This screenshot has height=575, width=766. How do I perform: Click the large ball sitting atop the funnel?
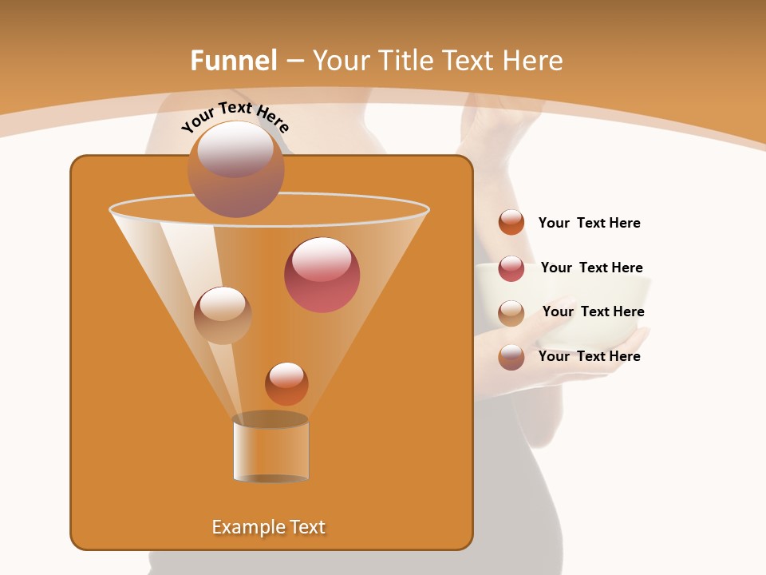click(x=236, y=169)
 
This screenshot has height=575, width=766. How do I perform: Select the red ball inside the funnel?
click(x=322, y=275)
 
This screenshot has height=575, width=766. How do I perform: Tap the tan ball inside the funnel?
click(x=223, y=315)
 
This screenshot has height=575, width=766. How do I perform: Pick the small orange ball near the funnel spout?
click(x=286, y=384)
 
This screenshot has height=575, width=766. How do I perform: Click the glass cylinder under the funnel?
click(x=270, y=449)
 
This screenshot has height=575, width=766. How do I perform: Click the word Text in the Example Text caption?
click(x=303, y=527)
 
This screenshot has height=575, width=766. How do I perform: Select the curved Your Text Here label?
click(x=235, y=117)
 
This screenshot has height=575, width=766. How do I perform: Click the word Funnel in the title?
click(x=233, y=61)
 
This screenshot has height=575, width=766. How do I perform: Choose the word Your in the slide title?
click(x=341, y=61)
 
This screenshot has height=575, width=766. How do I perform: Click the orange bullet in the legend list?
click(x=511, y=223)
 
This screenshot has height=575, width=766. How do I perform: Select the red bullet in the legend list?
click(x=511, y=268)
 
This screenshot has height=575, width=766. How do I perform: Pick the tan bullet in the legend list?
click(x=511, y=313)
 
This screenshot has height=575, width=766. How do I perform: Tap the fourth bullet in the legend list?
click(x=511, y=357)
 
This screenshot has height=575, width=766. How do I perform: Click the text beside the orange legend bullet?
click(x=589, y=223)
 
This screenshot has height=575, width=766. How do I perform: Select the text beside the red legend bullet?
click(x=591, y=268)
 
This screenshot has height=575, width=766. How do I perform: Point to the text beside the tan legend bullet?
click(x=593, y=311)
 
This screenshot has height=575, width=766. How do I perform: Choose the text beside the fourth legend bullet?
click(x=589, y=356)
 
